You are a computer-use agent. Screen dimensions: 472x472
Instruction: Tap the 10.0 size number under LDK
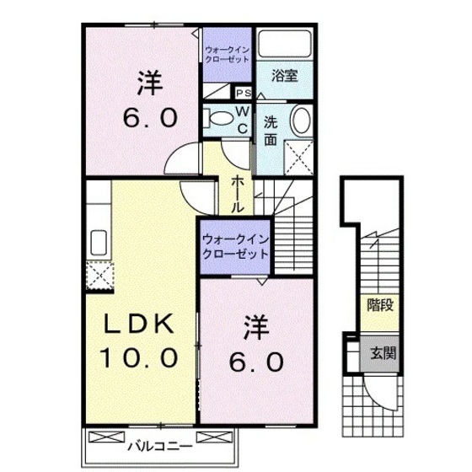tap(139, 357)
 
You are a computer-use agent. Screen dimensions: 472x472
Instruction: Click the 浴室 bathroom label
tap(282, 75)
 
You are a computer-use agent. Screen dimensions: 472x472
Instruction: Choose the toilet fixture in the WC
tap(220, 118)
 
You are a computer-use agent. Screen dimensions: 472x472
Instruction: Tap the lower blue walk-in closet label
tap(233, 246)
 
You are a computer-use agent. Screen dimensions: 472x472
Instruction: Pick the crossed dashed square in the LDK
tap(99, 276)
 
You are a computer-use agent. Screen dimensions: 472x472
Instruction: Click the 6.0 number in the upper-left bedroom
tap(150, 117)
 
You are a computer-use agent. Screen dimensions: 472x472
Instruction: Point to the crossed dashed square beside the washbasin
tap(297, 154)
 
